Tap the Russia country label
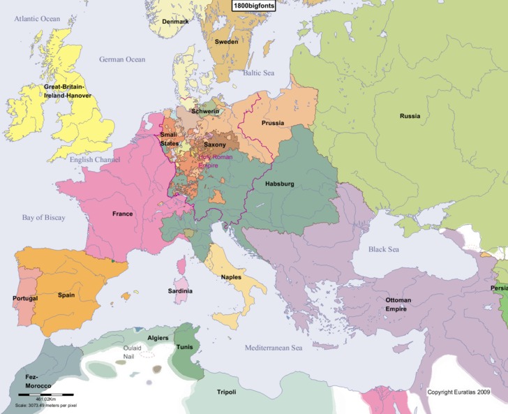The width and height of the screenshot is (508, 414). (x=410, y=116)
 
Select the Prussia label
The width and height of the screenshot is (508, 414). (x=272, y=123)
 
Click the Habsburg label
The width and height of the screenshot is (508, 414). (x=280, y=184)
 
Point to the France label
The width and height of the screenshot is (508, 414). (x=122, y=214)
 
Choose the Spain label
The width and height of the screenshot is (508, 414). (x=66, y=295)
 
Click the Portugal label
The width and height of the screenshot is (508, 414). (x=25, y=298)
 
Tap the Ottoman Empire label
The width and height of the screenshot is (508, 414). (x=398, y=304)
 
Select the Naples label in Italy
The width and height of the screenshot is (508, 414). (x=231, y=277)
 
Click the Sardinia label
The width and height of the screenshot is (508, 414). (x=180, y=290)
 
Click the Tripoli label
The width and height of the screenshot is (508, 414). (x=226, y=392)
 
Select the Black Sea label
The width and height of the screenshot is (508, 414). (x=385, y=249)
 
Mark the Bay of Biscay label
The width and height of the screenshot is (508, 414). (x=43, y=218)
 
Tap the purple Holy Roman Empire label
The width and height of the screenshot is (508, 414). (x=216, y=162)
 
